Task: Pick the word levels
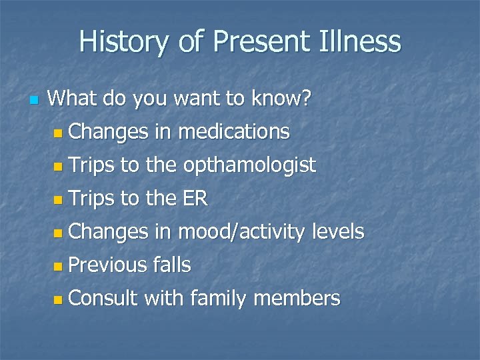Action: click(x=338, y=232)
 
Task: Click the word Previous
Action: click(x=107, y=265)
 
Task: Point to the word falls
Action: click(x=172, y=265)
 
